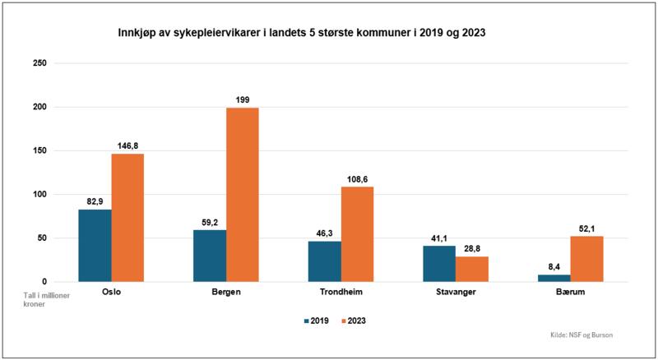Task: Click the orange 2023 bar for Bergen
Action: point(243,195)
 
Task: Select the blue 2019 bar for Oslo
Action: point(95,246)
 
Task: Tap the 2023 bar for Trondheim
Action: point(357,234)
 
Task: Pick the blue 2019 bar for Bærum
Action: point(554,279)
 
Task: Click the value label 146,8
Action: point(127,145)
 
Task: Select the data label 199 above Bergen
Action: point(243,99)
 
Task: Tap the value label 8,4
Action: point(554,266)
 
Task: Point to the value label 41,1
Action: point(439,238)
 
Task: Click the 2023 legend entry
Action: point(354,321)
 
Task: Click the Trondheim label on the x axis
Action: point(341,292)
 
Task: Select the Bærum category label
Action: point(570,292)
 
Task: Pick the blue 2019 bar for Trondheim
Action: point(324,261)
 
